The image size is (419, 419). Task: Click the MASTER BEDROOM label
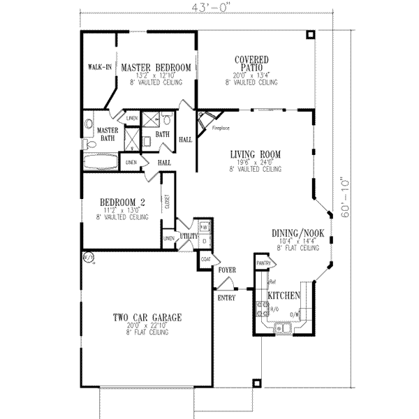[156, 68]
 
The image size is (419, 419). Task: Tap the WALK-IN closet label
[99, 68]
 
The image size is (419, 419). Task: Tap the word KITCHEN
[283, 296]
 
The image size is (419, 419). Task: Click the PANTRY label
[263, 263]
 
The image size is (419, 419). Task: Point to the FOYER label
[227, 268]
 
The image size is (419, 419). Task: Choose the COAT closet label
[205, 258]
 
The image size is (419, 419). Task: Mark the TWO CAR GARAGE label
[147, 318]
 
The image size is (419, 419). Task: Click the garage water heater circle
[88, 256]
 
